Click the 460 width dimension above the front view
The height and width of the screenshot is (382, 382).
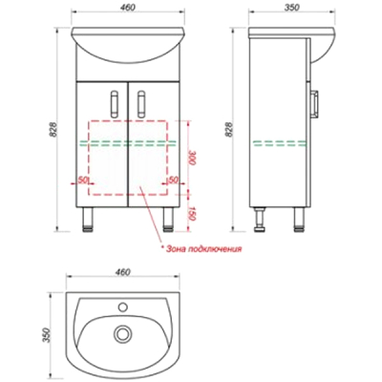click(x=128, y=7)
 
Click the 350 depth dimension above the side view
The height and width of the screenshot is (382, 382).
click(x=292, y=7)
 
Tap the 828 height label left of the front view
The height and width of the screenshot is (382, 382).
click(x=54, y=130)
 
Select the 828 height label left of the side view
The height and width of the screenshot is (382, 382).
click(x=229, y=130)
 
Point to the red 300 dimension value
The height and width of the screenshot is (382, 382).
click(x=191, y=158)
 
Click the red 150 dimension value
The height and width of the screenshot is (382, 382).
click(x=191, y=213)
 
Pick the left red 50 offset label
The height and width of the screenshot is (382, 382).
click(x=83, y=180)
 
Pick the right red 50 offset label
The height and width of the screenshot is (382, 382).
click(x=173, y=180)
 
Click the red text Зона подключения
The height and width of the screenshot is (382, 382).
click(x=204, y=248)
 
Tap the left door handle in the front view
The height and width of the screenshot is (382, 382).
click(x=115, y=104)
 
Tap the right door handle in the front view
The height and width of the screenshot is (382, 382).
click(x=142, y=104)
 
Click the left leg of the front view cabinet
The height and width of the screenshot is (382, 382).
click(x=87, y=219)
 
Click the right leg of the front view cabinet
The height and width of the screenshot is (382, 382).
click(x=168, y=219)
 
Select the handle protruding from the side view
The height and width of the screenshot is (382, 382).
click(x=315, y=104)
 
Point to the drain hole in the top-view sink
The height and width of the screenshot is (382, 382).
click(x=121, y=334)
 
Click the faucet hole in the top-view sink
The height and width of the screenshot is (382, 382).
click(x=122, y=308)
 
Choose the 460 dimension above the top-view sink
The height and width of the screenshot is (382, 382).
click(x=122, y=272)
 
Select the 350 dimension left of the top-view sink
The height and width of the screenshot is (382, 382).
click(x=47, y=335)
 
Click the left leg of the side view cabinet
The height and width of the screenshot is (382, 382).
click(x=260, y=219)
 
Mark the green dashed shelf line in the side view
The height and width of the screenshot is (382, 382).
click(x=280, y=143)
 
